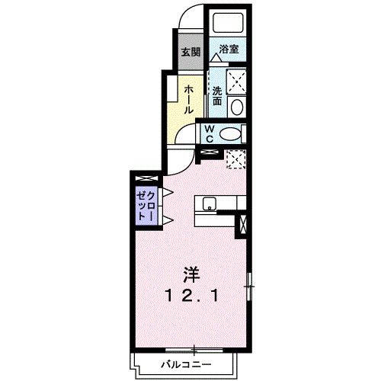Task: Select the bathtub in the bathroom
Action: [227, 23]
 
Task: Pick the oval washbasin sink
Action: [237, 106]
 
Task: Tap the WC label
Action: [207, 134]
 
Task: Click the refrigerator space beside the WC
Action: [234, 159]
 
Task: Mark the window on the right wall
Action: [249, 287]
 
